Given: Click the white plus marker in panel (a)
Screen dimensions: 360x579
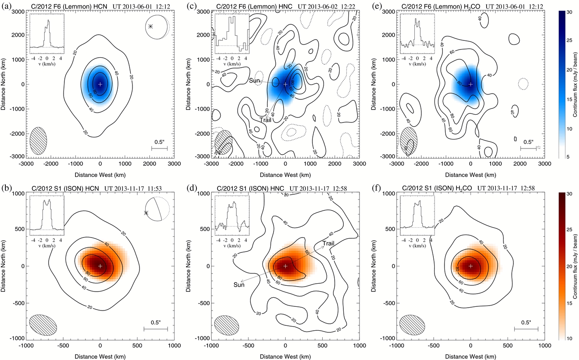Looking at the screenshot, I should click(x=100, y=84).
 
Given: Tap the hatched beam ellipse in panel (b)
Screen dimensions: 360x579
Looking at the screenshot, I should click(x=43, y=324).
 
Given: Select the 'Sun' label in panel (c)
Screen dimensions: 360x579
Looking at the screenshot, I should click(x=254, y=81).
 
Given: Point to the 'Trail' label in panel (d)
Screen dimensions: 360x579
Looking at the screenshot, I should click(x=328, y=243).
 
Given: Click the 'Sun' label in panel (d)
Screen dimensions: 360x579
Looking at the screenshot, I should click(x=239, y=285).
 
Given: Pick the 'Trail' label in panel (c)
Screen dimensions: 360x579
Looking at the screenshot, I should click(x=265, y=120).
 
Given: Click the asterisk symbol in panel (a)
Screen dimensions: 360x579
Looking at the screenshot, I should click(x=151, y=26).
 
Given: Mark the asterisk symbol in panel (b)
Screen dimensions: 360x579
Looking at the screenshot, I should click(x=146, y=213).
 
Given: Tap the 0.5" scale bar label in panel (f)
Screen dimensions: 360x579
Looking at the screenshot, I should click(x=526, y=322).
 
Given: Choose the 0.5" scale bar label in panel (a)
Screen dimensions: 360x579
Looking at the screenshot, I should click(x=159, y=142).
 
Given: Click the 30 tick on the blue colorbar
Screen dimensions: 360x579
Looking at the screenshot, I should click(x=569, y=12).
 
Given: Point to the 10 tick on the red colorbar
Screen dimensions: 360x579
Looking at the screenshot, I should click(x=569, y=338).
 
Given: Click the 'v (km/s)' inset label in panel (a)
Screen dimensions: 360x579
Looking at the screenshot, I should click(x=47, y=64).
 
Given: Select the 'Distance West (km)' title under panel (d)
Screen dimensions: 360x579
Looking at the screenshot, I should click(x=285, y=356).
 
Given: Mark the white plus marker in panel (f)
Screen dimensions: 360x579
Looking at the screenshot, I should click(x=470, y=266).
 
